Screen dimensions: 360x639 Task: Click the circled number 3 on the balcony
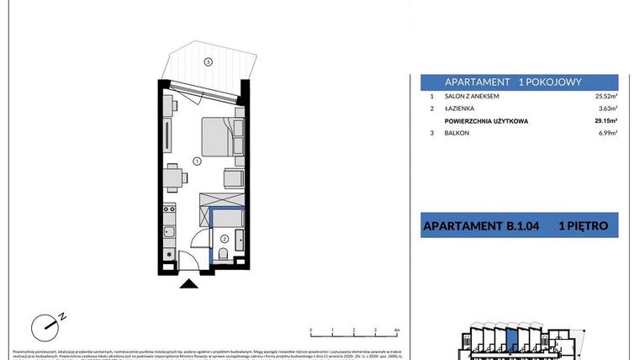tap(209, 61)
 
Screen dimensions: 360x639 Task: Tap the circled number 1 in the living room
tap(195, 160)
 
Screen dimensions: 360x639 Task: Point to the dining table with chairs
tap(173, 177)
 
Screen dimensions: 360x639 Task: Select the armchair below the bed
tap(233, 178)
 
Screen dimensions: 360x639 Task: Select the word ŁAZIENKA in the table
tap(460, 109)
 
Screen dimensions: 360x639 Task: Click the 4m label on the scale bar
tap(396, 331)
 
